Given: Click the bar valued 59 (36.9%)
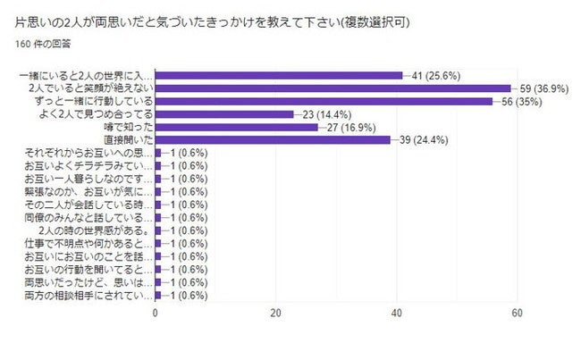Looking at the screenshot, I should (x=333, y=88).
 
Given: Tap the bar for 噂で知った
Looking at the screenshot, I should (x=236, y=127).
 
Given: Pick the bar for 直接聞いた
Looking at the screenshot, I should (x=273, y=139).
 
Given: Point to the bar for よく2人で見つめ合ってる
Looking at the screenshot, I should (x=224, y=114).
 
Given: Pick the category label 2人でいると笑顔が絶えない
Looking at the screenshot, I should (x=91, y=88).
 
